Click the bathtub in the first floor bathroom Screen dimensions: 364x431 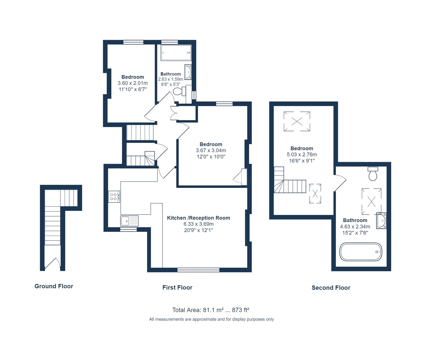coord(176,53)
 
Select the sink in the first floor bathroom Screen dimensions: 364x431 coord(188,72)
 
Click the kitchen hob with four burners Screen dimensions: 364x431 coord(114,197)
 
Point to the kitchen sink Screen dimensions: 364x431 coord(129,221)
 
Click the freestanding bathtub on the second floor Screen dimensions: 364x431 coord(360,252)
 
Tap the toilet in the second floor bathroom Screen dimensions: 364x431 coord(373,174)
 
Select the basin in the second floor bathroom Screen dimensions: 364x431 coord(381,221)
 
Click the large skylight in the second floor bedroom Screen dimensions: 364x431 coord(297,121)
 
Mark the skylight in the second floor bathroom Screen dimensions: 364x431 coord(371,201)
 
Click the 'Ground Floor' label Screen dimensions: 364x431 coord(54,286)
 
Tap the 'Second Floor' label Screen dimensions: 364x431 coord(331,288)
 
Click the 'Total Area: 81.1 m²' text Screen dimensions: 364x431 coord(210,310)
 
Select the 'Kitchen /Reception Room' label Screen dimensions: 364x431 coord(198,218)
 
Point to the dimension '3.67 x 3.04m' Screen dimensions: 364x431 coord(211,150)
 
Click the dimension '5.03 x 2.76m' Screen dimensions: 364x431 coord(302,154)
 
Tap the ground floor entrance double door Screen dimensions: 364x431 coord(52,264)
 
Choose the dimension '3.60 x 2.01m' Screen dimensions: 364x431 coord(132,83)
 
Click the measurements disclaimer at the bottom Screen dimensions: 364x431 coord(211,319)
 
